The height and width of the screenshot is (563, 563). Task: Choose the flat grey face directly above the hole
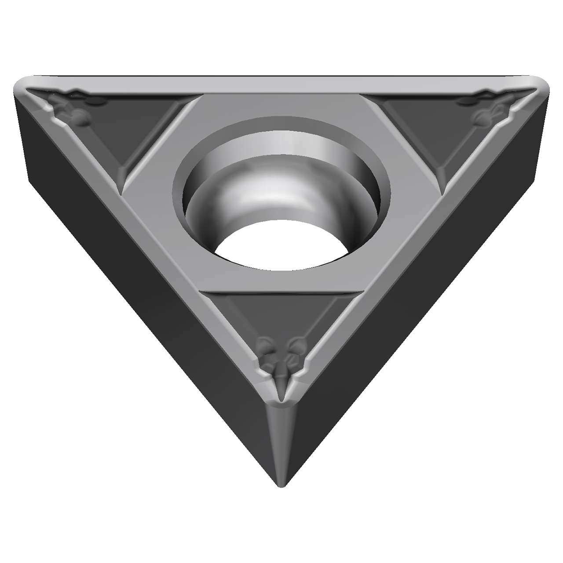click(x=281, y=106)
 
